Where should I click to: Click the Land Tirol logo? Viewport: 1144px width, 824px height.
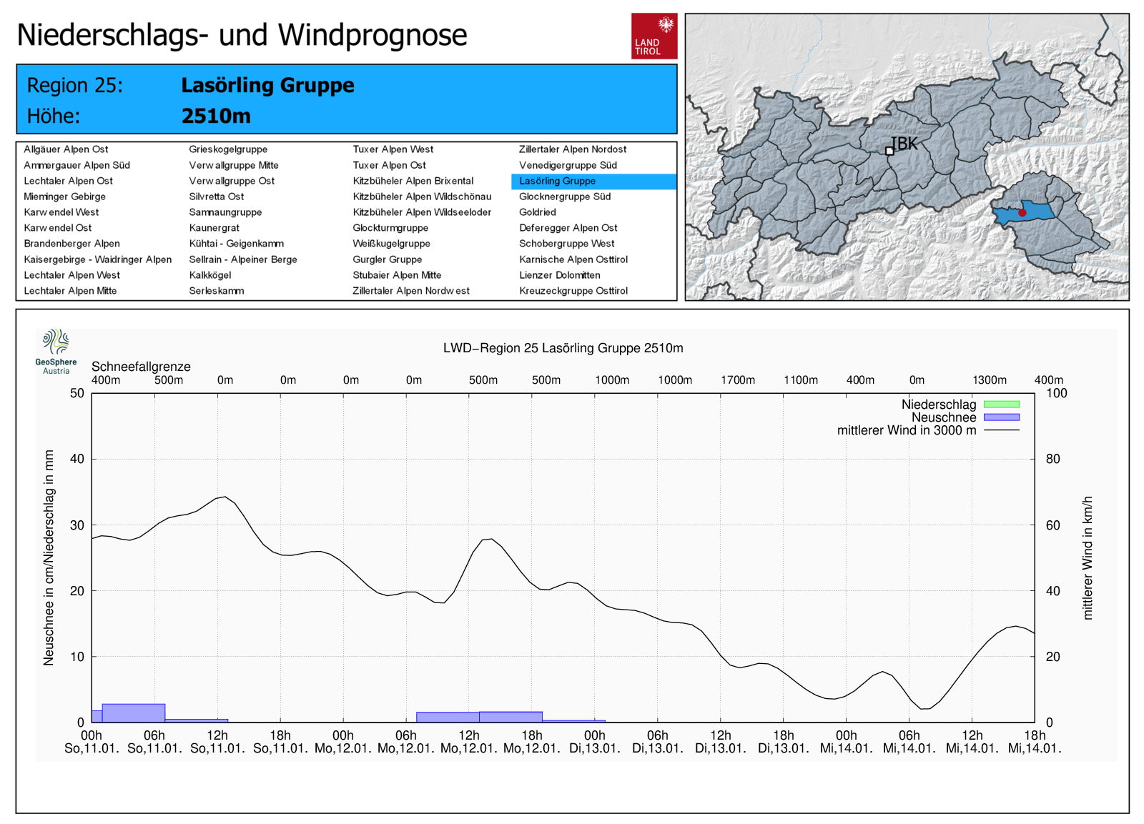[654, 36]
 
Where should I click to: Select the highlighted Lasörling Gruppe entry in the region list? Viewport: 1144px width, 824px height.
[558, 181]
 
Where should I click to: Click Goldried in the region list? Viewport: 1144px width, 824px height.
[538, 212]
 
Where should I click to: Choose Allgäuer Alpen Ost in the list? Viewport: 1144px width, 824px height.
[66, 149]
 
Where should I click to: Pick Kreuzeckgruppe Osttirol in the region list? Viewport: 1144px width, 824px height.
[573, 291]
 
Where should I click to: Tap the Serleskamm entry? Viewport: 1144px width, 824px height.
[217, 291]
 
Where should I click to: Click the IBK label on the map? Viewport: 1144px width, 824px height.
[904, 144]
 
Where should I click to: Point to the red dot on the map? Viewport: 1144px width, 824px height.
[1022, 212]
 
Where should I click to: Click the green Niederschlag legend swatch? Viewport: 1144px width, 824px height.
[1001, 404]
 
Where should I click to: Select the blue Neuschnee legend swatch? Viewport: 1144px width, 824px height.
[1001, 417]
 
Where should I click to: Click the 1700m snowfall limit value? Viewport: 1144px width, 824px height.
[738, 380]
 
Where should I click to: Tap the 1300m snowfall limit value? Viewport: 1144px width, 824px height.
[990, 380]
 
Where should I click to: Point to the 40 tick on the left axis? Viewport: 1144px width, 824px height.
[77, 459]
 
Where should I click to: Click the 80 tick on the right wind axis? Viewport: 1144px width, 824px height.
[1052, 459]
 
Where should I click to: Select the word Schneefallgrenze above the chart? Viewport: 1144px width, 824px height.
[141, 367]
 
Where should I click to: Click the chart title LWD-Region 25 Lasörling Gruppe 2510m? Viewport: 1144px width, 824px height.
[563, 348]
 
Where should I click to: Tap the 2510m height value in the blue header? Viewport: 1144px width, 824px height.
[216, 116]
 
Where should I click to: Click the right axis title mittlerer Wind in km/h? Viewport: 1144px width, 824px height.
[1088, 557]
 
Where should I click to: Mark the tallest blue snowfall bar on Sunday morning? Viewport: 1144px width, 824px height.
[134, 713]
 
